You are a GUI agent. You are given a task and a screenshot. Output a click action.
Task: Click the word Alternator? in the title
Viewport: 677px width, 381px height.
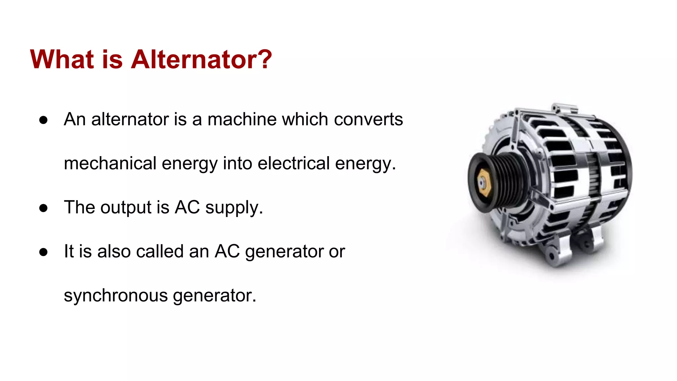[201, 60]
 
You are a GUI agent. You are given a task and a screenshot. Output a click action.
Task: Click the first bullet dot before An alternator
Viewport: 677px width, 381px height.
[43, 120]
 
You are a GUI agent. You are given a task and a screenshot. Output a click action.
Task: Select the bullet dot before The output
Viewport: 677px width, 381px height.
[43, 208]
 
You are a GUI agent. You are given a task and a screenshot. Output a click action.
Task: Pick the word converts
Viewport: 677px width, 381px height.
[368, 120]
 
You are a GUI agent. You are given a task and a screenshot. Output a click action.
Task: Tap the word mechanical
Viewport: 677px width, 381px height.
[110, 163]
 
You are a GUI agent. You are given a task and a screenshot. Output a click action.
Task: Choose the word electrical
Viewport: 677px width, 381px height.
[294, 163]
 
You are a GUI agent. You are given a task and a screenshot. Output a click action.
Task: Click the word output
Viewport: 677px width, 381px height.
[126, 208]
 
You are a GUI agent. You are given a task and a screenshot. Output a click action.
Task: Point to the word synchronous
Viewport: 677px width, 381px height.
[116, 295]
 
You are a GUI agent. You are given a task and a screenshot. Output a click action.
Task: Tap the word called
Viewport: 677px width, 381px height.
[160, 251]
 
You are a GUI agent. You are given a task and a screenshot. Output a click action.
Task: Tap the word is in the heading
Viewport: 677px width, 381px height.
[112, 60]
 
